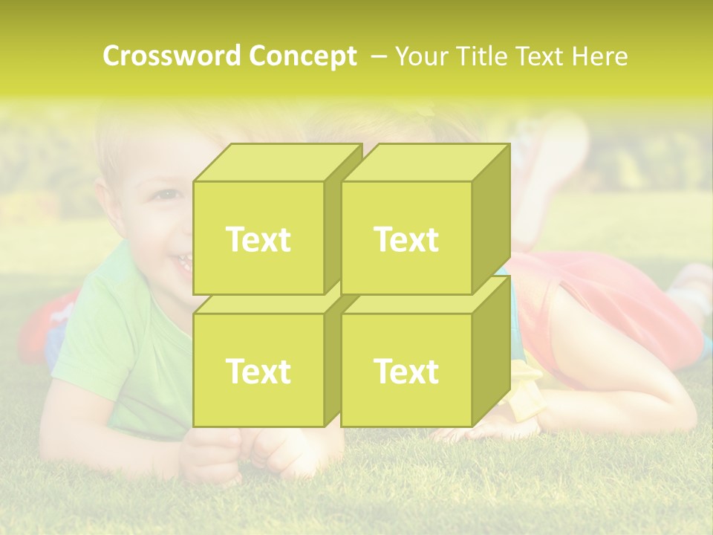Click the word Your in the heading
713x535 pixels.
point(420,56)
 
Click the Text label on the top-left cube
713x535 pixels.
point(258,239)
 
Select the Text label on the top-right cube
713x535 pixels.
point(406,239)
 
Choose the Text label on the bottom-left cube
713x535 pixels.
point(258,371)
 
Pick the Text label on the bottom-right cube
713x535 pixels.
point(406,371)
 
